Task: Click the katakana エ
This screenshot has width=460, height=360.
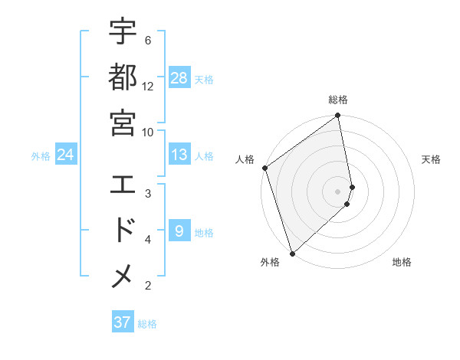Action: (123, 185)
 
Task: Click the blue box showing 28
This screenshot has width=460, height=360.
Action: (179, 78)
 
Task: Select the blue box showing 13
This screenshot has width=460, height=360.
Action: (179, 155)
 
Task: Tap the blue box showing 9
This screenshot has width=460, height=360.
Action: (179, 231)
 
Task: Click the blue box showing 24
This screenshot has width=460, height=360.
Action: (66, 155)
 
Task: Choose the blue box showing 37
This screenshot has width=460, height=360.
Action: (123, 322)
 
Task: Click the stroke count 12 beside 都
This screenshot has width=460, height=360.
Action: (148, 86)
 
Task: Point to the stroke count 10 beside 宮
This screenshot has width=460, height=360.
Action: (148, 132)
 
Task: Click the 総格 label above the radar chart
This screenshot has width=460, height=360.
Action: (338, 100)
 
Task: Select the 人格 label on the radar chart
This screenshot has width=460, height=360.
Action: (245, 159)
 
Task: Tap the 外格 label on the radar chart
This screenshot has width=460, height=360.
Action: (270, 262)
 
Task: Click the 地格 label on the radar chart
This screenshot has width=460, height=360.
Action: (402, 262)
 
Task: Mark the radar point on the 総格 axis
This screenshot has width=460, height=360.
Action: (338, 116)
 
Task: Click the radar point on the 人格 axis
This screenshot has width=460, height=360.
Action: (264, 168)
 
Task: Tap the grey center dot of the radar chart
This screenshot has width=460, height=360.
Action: (338, 191)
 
